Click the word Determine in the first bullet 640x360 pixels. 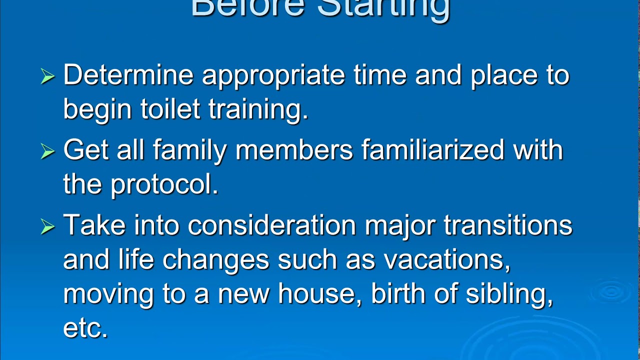[128, 75]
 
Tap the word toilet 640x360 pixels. [170, 109]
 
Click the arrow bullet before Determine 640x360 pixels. [47, 76]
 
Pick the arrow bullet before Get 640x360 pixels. [47, 151]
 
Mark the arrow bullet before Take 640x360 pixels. [47, 226]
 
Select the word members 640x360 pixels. [294, 150]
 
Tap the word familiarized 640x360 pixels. [432, 150]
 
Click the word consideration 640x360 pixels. [271, 225]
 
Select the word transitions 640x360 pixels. [507, 225]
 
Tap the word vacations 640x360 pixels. [447, 260]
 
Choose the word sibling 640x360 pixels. [509, 294]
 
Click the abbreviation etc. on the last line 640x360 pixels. [85, 328]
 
